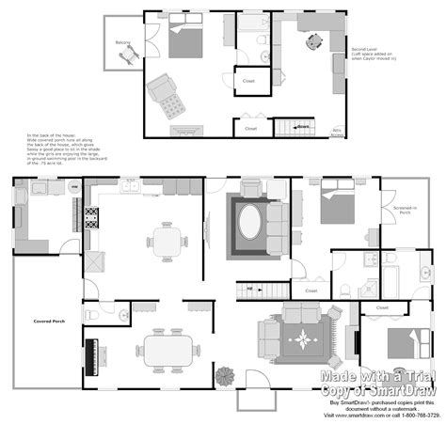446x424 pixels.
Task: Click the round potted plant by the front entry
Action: coord(225,375)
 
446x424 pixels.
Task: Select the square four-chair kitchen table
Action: coord(166,241)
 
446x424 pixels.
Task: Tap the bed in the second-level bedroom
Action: coord(183,40)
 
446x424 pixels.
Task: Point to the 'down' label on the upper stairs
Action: coord(303,124)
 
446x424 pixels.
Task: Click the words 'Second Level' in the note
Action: coord(365,47)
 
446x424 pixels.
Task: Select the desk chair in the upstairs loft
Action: coord(313,41)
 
